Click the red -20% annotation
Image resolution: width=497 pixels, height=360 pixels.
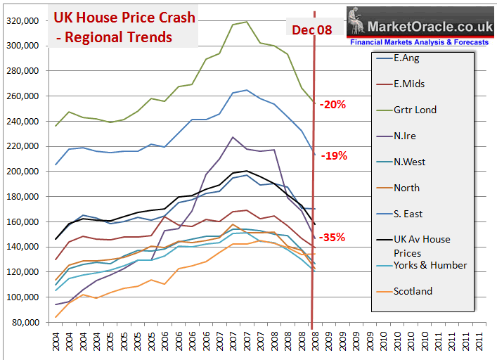coord(333,104)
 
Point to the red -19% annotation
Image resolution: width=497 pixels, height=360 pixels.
coord(333,155)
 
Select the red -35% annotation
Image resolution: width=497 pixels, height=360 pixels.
coord(333,237)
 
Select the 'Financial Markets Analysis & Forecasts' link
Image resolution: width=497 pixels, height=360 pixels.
coord(420,42)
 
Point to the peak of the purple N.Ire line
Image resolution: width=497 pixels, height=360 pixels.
coord(233,137)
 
